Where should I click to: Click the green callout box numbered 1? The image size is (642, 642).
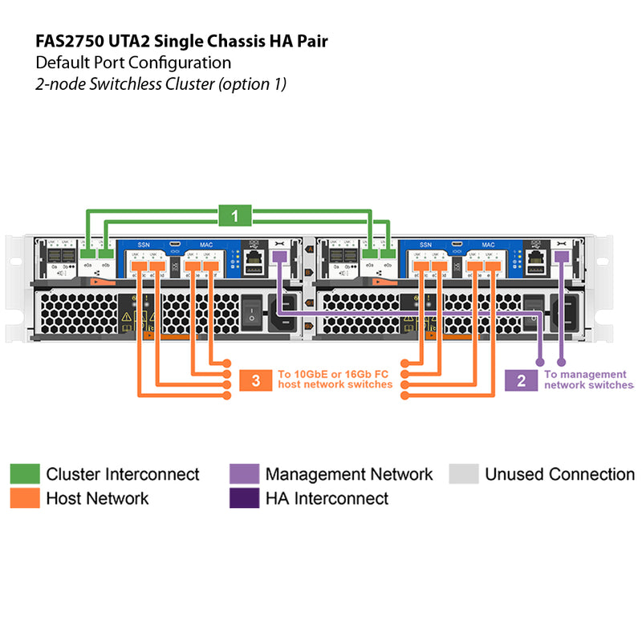pyautogui.click(x=234, y=215)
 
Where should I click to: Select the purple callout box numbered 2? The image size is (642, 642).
pyautogui.click(x=522, y=380)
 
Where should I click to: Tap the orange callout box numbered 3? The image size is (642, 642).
pyautogui.click(x=255, y=380)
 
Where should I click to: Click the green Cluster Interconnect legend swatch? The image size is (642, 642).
pyautogui.click(x=25, y=474)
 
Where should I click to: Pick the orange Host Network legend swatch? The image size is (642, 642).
pyautogui.click(x=25, y=498)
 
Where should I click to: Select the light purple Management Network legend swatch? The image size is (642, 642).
pyautogui.click(x=244, y=474)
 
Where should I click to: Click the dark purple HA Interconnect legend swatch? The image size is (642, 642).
pyautogui.click(x=244, y=498)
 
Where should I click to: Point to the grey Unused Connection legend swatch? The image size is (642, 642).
pyautogui.click(x=464, y=474)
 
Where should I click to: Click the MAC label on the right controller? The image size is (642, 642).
pyautogui.click(x=487, y=244)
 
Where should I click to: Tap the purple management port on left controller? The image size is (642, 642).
pyautogui.click(x=279, y=256)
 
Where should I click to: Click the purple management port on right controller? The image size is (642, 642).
pyautogui.click(x=561, y=256)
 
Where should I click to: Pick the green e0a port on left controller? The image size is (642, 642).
pyautogui.click(x=87, y=254)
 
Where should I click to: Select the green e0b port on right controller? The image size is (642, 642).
pyautogui.click(x=388, y=254)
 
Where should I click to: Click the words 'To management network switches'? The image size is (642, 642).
pyautogui.click(x=587, y=380)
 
